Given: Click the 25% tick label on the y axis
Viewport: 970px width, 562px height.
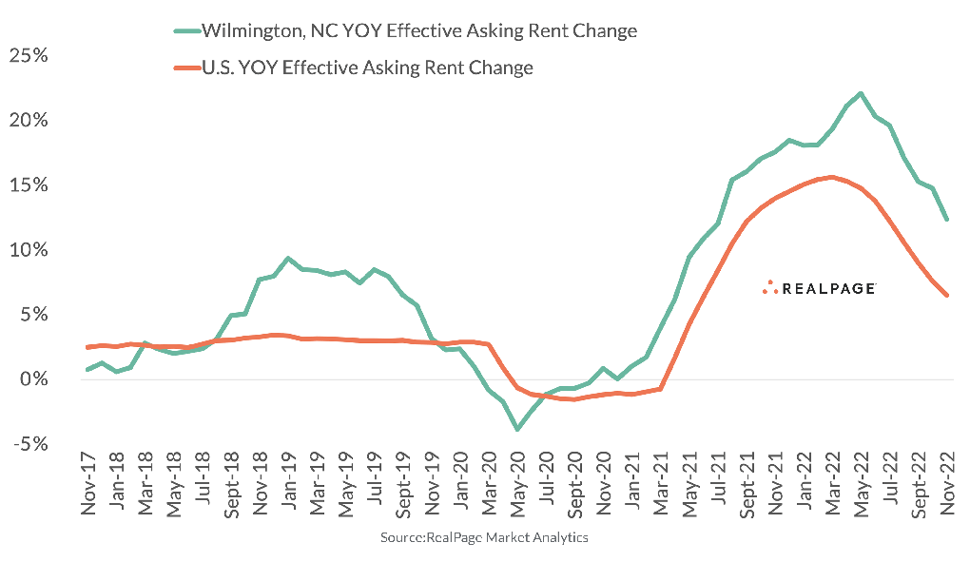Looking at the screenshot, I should pos(28,55).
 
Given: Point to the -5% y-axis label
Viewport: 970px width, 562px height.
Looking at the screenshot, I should pos(28,444).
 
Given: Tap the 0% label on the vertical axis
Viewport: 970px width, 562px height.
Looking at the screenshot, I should pos(33,379).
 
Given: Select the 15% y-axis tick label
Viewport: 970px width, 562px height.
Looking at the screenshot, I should pos(28,184).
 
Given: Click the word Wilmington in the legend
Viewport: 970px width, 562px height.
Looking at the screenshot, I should pos(248,31).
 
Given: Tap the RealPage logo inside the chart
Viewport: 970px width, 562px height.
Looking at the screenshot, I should pos(819,288).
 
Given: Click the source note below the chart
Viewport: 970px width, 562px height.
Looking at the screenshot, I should pos(485,538).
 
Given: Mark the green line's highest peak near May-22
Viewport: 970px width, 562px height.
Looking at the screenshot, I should pos(861,93).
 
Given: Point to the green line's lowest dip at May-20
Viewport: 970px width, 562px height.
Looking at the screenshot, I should pos(517,430).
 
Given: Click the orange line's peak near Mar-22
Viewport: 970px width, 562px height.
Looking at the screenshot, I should pos(832,177).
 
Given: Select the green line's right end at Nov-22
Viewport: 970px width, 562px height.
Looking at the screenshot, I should pos(946,220).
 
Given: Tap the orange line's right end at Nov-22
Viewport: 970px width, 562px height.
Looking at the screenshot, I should pos(946,295).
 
